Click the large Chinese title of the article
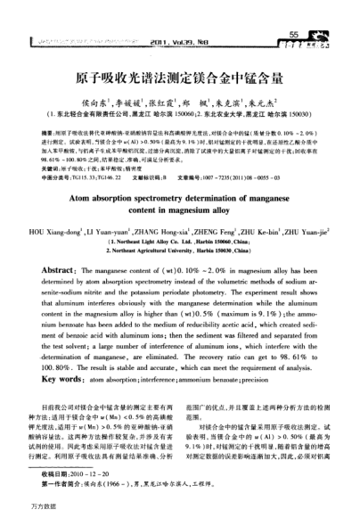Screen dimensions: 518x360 click(x=179, y=78)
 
